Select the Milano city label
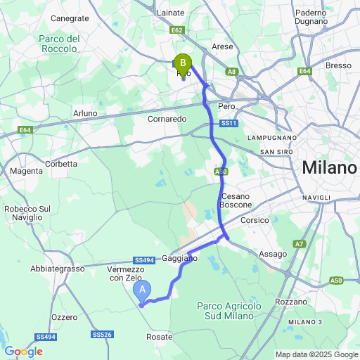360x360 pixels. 329,168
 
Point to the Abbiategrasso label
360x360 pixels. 57,268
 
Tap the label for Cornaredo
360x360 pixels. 167,119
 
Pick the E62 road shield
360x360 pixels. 177,30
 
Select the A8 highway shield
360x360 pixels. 232,72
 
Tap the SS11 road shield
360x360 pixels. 227,123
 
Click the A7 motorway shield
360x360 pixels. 300,244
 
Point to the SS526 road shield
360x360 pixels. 103,334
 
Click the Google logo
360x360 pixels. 23,352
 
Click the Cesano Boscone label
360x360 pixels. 236,200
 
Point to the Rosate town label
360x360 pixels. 160,337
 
